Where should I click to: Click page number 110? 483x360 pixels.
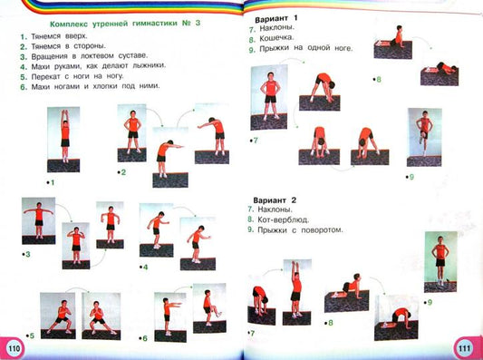[x=14, y=348]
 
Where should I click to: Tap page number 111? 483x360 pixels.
[x=464, y=348]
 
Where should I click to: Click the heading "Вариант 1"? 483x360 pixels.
[x=276, y=19]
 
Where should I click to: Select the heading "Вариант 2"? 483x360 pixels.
[x=275, y=200]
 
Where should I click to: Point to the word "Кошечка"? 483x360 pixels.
[x=276, y=38]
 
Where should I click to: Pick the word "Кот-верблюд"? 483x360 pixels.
[x=283, y=219]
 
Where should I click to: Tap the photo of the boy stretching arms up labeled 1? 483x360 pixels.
[x=63, y=140]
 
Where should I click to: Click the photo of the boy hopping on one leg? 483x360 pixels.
[x=424, y=137]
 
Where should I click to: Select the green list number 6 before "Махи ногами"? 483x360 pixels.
[x=24, y=87]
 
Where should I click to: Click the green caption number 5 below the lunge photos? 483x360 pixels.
[x=32, y=336]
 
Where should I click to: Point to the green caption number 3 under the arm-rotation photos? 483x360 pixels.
[x=28, y=255]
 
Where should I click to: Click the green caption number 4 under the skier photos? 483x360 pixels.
[x=145, y=268]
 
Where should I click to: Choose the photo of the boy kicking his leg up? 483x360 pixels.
[x=209, y=308]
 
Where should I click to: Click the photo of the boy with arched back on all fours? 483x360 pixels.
[x=396, y=317]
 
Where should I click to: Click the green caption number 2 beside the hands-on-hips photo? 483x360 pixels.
[x=123, y=172]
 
